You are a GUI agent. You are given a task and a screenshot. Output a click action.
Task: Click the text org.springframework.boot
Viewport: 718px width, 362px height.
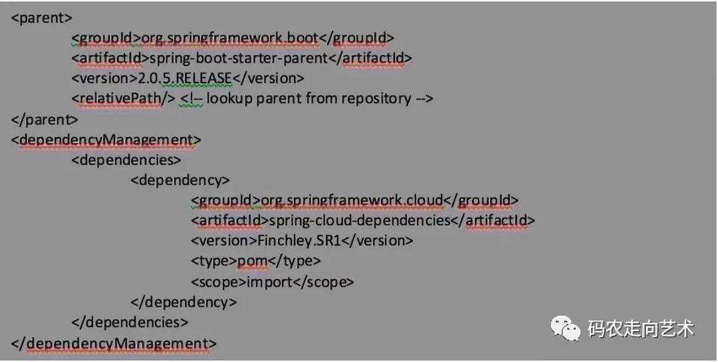pos(230,38)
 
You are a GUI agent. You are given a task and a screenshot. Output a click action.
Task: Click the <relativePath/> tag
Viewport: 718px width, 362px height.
pos(122,98)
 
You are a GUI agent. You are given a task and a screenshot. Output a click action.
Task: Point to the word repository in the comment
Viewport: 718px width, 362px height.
pos(376,98)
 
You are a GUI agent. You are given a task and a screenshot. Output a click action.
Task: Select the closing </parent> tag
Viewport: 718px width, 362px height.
pos(45,119)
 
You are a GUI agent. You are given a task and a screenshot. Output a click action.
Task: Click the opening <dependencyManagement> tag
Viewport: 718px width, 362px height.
pos(106,140)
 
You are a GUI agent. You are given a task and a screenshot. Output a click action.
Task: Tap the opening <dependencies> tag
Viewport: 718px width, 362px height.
pos(126,160)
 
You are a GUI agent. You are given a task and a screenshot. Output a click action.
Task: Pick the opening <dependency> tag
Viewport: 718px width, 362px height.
pos(180,180)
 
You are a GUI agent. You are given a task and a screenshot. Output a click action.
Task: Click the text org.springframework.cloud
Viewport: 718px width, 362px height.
pos(352,200)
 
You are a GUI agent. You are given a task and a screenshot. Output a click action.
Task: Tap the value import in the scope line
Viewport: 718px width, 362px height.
pos(269,281)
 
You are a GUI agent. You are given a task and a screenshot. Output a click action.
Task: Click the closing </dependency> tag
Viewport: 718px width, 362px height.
pos(183,301)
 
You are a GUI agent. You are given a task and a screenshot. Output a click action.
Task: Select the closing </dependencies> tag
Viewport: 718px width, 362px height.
pos(130,322)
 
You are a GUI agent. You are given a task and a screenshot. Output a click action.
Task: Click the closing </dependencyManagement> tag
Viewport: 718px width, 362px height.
pos(114,343)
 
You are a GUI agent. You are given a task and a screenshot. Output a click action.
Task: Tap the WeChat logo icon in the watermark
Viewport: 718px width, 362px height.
pos(564,327)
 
